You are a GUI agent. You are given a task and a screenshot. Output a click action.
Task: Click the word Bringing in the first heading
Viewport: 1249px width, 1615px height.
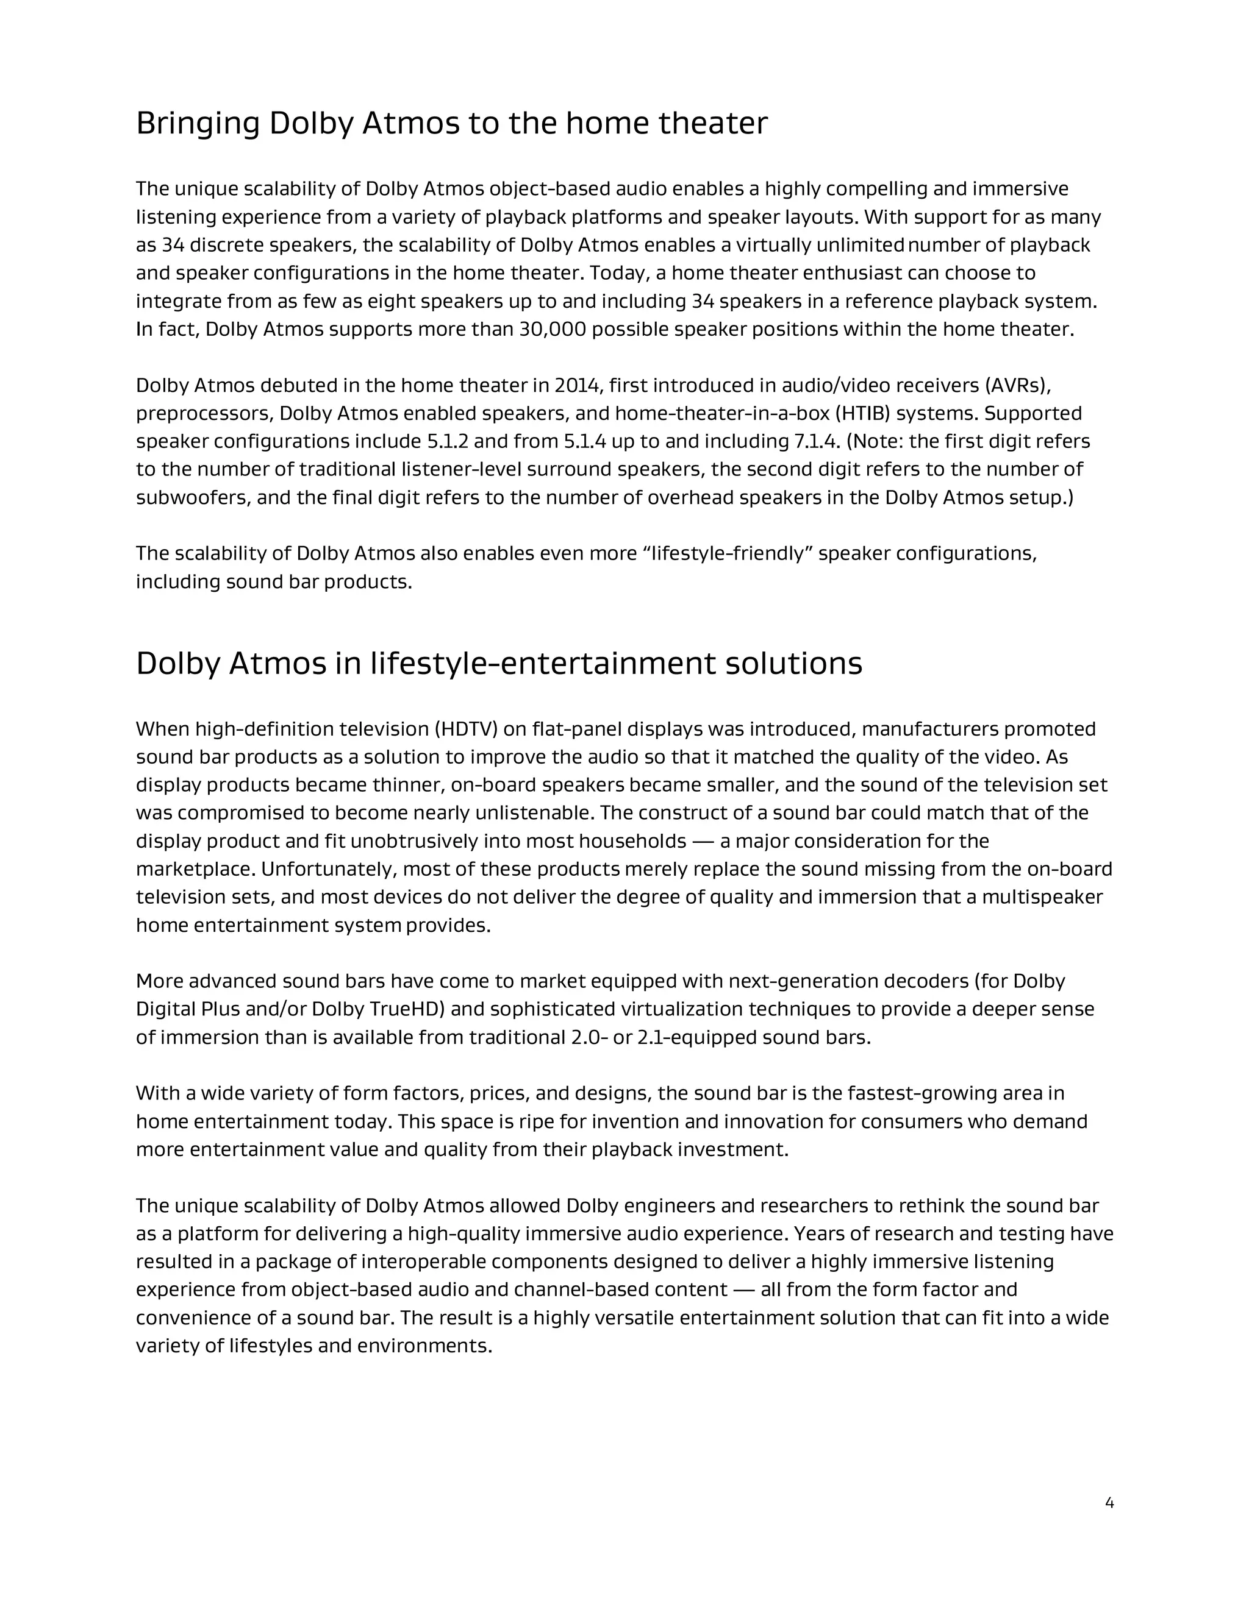[198, 124]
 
